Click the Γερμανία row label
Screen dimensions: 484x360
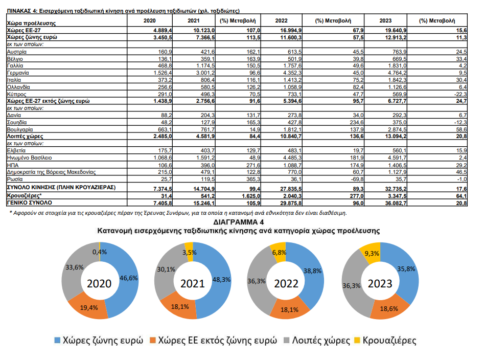18,73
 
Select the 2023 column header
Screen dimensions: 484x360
385,20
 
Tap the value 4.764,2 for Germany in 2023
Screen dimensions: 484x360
396,73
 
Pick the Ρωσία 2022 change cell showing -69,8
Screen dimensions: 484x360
357,179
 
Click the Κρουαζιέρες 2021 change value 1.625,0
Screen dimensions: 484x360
250,196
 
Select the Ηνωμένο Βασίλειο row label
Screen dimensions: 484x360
29,158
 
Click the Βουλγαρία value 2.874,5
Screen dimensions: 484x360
396,130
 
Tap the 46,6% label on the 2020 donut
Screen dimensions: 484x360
128,278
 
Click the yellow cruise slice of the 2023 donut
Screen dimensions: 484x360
371,253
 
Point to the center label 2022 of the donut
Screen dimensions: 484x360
286,283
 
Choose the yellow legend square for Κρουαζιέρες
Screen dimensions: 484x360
357,341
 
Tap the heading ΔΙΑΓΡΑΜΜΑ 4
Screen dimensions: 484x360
238,222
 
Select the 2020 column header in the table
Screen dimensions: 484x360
149,20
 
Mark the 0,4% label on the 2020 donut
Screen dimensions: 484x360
99,252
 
